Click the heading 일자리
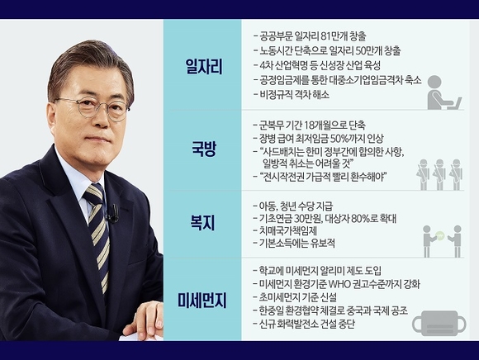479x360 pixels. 204,67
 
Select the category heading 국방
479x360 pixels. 204,149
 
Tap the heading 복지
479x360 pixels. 202,222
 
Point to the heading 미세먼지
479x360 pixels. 202,300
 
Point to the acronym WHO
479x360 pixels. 338,284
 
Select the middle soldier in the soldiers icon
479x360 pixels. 439,174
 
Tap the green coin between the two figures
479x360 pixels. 439,234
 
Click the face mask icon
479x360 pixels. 439,322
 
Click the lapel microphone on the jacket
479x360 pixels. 114,213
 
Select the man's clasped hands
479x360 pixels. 145,320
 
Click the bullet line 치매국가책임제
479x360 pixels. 285,231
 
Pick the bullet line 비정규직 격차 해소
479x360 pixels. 292,95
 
